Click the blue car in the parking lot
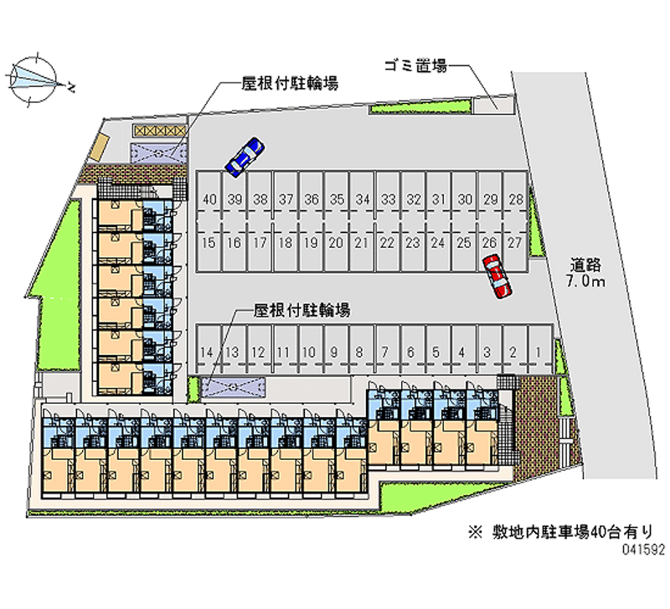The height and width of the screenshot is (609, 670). [x=245, y=156]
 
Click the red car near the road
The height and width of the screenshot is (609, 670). [x=496, y=276]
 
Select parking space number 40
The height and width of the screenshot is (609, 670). [x=209, y=199]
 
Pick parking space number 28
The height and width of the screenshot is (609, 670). [x=516, y=199]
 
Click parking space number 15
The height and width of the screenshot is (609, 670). [x=209, y=243]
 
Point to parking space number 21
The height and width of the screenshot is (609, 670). [x=362, y=243]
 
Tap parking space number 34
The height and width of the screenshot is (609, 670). [x=362, y=199]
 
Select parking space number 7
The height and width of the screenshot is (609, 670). [x=384, y=353]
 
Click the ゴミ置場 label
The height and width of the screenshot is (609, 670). [x=415, y=65]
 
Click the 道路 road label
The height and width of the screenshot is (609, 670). [x=584, y=265]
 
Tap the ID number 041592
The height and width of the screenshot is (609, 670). [x=642, y=551]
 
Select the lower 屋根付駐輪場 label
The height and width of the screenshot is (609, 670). [x=301, y=310]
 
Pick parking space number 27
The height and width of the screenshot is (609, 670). [x=516, y=243]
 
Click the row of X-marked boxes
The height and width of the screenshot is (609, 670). [x=157, y=132]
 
